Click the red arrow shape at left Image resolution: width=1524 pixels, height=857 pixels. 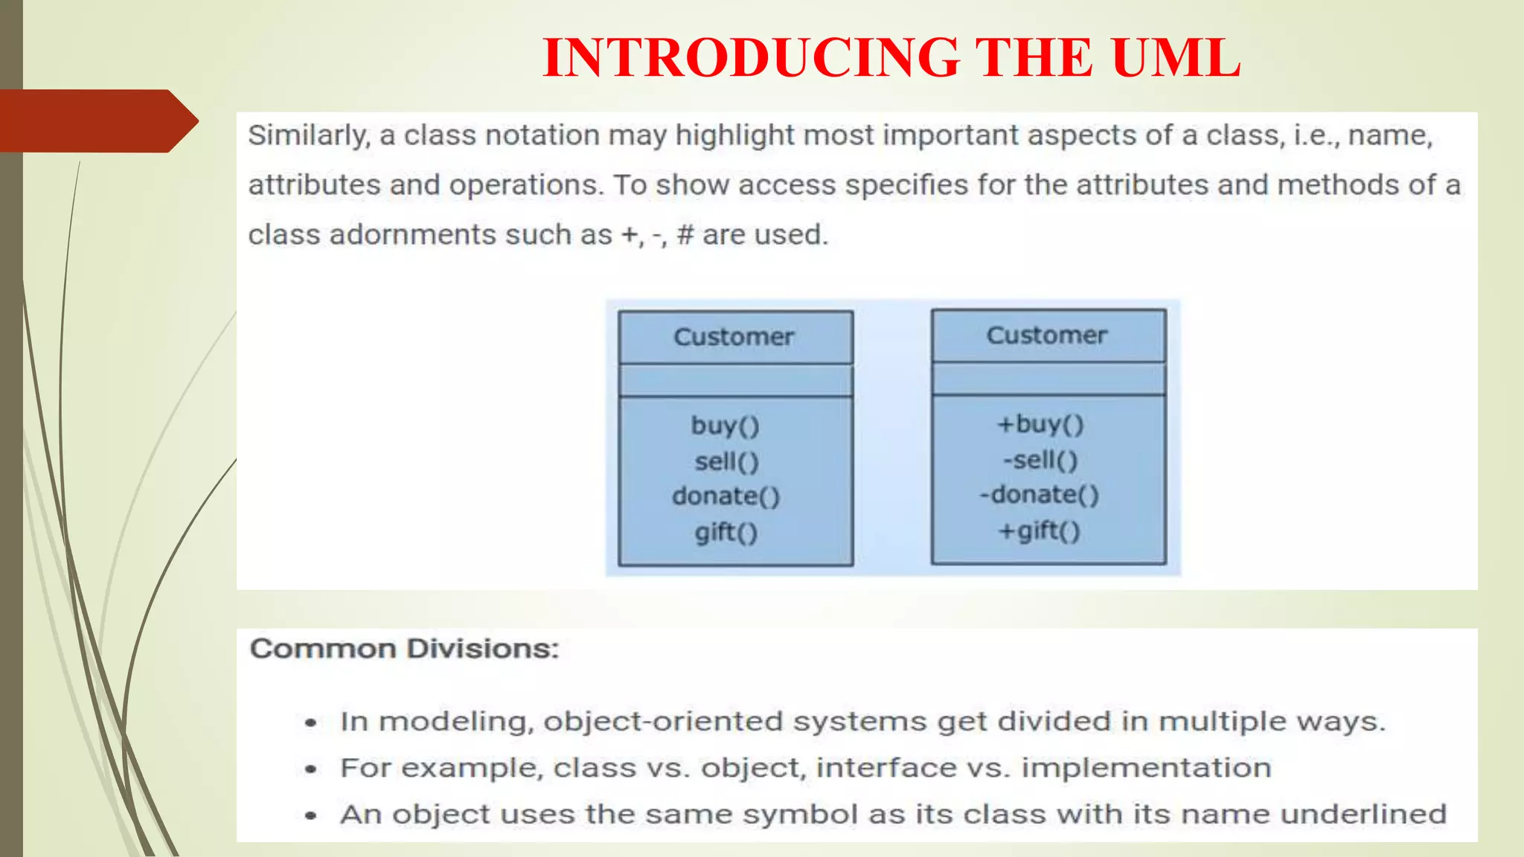pyautogui.click(x=97, y=121)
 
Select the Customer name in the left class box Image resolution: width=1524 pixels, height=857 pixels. pyautogui.click(x=734, y=337)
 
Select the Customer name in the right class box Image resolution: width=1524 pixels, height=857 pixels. pyautogui.click(x=1047, y=336)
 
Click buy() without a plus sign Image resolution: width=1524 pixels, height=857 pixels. pyautogui.click(x=726, y=426)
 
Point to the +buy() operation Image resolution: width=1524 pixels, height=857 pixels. pyautogui.click(x=1040, y=424)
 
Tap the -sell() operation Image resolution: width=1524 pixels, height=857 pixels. pyautogui.click(x=1040, y=460)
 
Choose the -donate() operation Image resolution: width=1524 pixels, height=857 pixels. pyautogui.click(x=1040, y=495)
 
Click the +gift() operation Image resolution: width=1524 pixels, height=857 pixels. pyautogui.click(x=1040, y=530)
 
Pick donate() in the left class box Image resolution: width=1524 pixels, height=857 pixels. pyautogui.click(x=726, y=496)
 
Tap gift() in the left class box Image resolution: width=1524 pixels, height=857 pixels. pyautogui.click(x=726, y=532)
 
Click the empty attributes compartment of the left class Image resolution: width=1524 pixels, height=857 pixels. pyautogui.click(x=735, y=380)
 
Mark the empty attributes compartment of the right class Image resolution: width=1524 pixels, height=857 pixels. pyautogui.click(x=1048, y=379)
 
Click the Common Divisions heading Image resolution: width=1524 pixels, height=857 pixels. pyautogui.click(x=404, y=649)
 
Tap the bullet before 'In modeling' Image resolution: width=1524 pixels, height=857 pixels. pyautogui.click(x=311, y=722)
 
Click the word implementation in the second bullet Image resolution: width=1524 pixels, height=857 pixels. pyautogui.click(x=1146, y=768)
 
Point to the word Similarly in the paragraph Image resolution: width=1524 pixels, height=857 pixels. pyautogui.click(x=308, y=135)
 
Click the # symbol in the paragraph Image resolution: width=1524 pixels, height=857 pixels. pyautogui.click(x=685, y=235)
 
